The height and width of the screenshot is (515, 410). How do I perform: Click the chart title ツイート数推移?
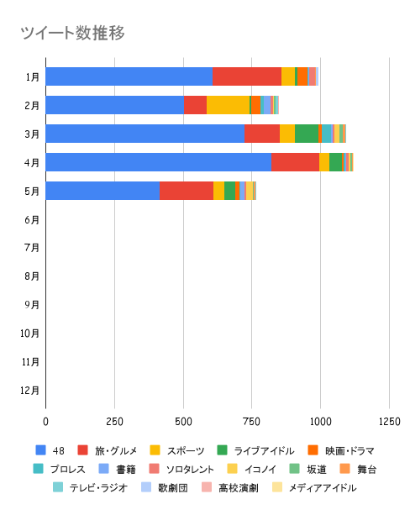(73, 33)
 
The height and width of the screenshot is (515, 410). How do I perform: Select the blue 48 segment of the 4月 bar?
(159, 162)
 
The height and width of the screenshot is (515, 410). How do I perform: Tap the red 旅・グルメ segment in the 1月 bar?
(247, 76)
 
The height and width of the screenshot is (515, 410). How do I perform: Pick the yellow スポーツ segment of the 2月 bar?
(228, 105)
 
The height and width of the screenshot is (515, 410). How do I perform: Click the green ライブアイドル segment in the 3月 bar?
(307, 134)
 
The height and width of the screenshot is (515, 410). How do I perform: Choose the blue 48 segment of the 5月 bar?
(102, 191)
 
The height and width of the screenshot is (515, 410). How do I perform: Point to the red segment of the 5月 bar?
(187, 191)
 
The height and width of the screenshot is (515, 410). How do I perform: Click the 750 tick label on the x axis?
(252, 422)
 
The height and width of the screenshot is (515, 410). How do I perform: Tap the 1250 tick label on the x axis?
(390, 422)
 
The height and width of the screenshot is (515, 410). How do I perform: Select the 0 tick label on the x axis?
(45, 422)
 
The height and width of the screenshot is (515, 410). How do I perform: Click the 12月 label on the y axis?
(30, 391)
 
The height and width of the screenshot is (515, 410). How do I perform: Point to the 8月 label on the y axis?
(32, 276)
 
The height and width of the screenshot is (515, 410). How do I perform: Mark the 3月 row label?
(32, 134)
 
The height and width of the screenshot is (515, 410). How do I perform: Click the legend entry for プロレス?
(60, 469)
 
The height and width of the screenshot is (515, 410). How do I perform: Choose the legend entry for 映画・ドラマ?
(341, 450)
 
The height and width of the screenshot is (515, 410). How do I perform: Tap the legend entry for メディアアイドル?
(314, 488)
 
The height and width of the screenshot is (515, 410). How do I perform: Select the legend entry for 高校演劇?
(230, 488)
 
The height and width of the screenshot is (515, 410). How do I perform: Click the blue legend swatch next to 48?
(40, 450)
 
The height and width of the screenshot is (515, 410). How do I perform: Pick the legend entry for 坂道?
(308, 469)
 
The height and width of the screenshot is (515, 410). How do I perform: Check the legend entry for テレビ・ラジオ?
(91, 488)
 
